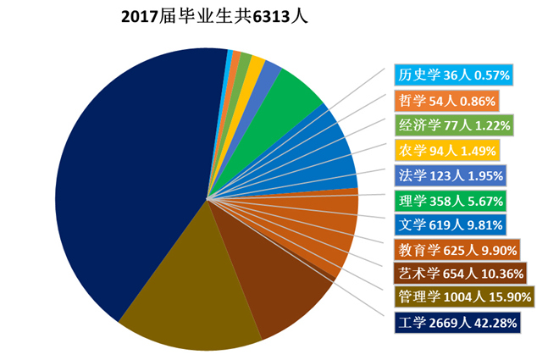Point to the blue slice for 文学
[x=326, y=157]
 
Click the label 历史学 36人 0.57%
[x=453, y=75]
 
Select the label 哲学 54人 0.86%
[x=446, y=101]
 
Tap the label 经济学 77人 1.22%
[x=454, y=126]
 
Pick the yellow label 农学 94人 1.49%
[x=447, y=151]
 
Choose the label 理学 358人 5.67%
[x=451, y=201]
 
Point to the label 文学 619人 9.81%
[x=451, y=225]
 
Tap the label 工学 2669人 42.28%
[x=456, y=323]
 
